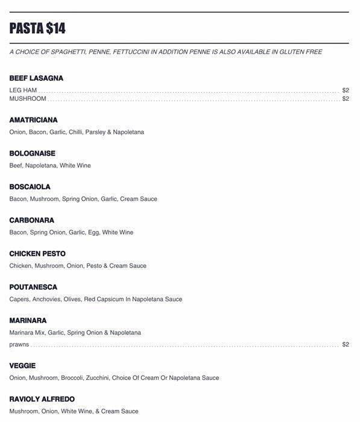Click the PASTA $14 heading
tap(37, 28)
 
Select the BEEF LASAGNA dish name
tap(36, 78)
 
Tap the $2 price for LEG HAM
tap(346, 90)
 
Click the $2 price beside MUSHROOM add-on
tap(346, 99)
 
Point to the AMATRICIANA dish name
tap(33, 120)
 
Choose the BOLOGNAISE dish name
tap(32, 154)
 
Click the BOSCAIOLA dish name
tap(30, 187)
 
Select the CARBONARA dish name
tap(31, 220)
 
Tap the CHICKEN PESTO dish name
tap(37, 254)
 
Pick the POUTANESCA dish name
tap(33, 287)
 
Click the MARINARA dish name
tap(28, 321)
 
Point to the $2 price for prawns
tap(346, 345)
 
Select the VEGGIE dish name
tap(22, 366)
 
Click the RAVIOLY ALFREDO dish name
tap(42, 399)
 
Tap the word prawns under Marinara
tap(19, 345)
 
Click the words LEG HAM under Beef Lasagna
tap(23, 90)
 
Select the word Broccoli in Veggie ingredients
tap(72, 378)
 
